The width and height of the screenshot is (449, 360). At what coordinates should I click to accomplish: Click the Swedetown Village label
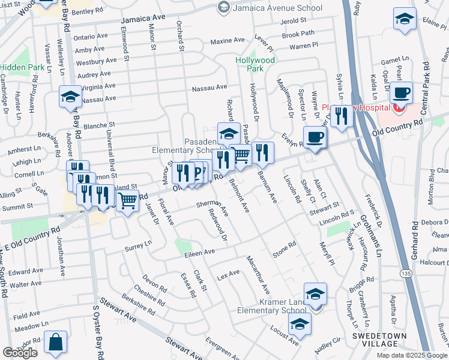click(379, 340)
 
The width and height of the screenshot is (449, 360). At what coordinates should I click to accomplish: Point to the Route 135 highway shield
click(407, 274)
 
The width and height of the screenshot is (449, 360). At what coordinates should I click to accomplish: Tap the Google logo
click(20, 353)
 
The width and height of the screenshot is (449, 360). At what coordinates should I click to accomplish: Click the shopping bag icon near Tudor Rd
click(55, 343)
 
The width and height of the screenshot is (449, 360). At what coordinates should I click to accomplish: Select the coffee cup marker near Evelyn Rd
click(315, 138)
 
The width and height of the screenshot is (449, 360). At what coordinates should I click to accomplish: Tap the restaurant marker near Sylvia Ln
click(342, 116)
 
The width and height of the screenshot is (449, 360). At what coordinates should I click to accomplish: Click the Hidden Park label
click(22, 68)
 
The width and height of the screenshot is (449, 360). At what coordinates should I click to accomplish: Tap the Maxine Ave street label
click(227, 41)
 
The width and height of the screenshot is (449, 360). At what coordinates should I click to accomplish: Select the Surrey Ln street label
click(139, 245)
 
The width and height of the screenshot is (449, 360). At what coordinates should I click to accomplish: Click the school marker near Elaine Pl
click(405, 19)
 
